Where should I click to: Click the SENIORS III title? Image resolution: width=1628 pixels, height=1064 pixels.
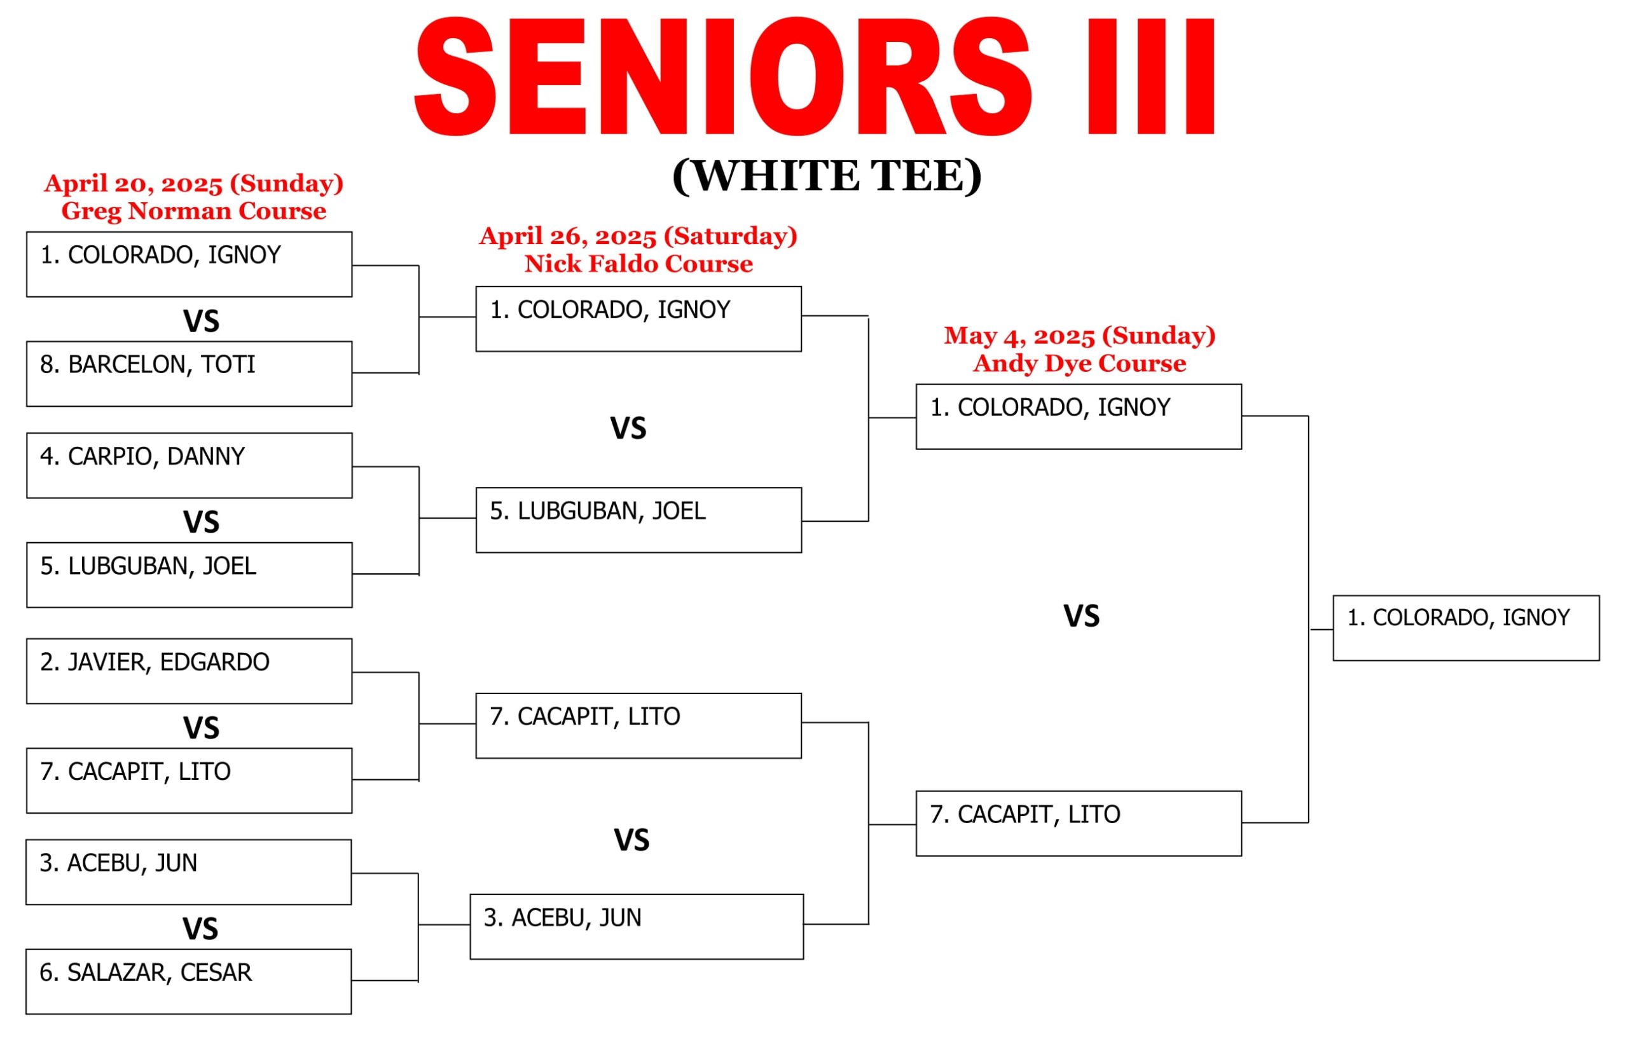pos(815,76)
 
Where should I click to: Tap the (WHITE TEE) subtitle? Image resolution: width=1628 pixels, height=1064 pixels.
pos(827,177)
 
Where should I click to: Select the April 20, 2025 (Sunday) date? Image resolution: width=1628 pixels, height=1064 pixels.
pos(193,183)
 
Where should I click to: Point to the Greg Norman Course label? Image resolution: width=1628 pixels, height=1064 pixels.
pos(193,210)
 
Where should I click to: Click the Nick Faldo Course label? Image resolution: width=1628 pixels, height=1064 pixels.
pos(638,263)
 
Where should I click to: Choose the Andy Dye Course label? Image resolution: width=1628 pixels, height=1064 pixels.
pos(1079,363)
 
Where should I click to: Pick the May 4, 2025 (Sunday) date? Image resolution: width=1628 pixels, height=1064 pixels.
pos(1079,336)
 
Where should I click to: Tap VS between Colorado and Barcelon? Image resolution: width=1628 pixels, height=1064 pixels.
pos(201,322)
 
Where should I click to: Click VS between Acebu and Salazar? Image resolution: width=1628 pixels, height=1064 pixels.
pos(200,929)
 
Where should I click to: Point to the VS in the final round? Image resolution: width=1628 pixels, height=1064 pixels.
pos(1082,617)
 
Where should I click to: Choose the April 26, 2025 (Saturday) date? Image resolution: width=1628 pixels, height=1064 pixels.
pos(638,236)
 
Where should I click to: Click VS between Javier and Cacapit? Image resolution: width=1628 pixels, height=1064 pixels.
pos(201,728)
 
